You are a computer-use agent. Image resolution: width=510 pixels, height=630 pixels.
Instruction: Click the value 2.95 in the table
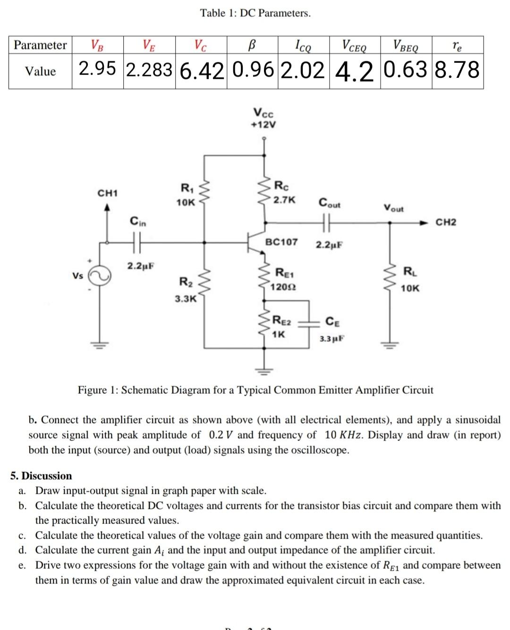(97, 69)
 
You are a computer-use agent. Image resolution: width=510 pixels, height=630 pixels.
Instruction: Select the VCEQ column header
(354, 46)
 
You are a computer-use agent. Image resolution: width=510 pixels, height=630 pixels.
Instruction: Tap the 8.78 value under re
(457, 70)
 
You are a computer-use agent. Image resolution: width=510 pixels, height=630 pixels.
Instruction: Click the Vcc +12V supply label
(263, 119)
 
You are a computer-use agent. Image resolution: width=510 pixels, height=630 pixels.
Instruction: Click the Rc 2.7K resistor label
(285, 192)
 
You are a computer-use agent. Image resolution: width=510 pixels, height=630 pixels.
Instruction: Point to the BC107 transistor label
(281, 242)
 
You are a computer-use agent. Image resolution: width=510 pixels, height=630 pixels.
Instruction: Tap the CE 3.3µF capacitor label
(332, 330)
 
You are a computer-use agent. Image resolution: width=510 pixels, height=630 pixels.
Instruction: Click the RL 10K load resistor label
(409, 280)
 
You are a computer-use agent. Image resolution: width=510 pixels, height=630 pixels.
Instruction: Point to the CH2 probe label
(445, 222)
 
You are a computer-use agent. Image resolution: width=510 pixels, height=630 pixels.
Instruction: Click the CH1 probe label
(108, 193)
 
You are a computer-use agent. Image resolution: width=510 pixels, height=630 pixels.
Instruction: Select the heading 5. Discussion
(42, 475)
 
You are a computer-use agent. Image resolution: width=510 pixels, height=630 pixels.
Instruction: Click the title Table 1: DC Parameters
(255, 13)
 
